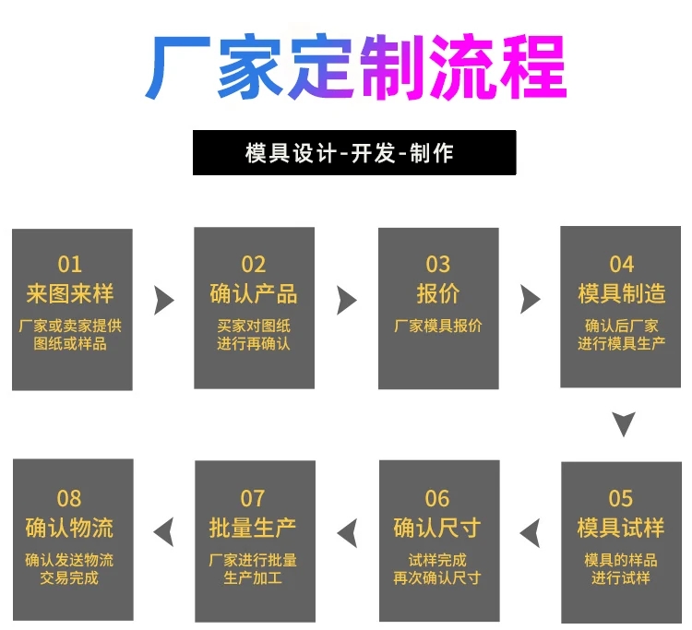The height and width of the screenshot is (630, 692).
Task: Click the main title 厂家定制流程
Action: click(356, 66)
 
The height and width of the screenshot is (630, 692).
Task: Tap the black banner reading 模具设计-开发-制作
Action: click(354, 152)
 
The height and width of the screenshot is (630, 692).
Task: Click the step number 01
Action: click(70, 264)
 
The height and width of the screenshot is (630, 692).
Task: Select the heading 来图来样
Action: click(70, 293)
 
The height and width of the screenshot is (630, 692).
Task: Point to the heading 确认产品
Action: click(254, 293)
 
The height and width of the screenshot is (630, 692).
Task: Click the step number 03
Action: click(437, 264)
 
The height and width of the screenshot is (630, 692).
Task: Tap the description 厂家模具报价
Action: click(437, 326)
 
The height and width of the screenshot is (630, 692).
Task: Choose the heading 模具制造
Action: click(621, 293)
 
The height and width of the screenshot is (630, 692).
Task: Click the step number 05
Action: click(621, 498)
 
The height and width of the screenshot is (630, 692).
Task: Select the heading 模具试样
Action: click(621, 528)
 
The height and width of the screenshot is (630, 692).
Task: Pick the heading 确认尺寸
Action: click(437, 528)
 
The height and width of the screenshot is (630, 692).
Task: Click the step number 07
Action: click(253, 498)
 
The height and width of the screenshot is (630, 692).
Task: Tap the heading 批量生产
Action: click(253, 528)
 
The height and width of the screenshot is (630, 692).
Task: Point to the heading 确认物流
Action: click(69, 528)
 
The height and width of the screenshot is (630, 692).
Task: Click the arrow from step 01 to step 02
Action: click(163, 301)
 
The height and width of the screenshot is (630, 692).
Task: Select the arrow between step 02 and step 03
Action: click(346, 301)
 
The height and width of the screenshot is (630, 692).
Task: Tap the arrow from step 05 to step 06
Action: click(531, 533)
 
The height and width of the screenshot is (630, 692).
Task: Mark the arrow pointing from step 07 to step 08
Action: click(163, 532)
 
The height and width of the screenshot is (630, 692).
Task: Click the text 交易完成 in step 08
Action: click(69, 578)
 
